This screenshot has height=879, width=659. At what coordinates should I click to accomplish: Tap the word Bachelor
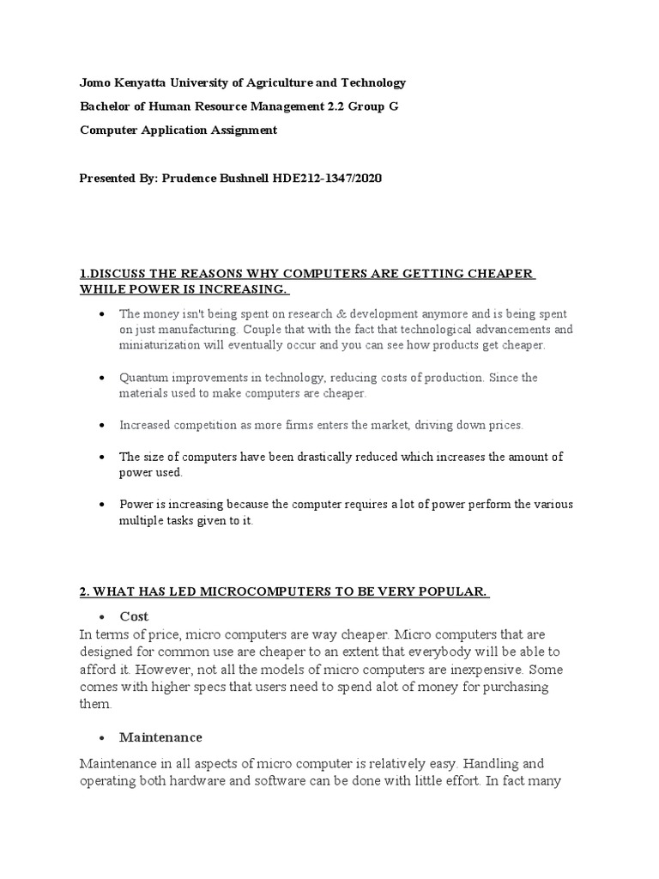pyautogui.click(x=103, y=106)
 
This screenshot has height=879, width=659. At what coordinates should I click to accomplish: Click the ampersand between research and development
pyautogui.click(x=312, y=314)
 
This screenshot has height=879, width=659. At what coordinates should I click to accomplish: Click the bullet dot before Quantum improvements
pyautogui.click(x=102, y=379)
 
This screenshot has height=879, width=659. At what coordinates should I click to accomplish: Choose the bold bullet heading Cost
pyautogui.click(x=134, y=616)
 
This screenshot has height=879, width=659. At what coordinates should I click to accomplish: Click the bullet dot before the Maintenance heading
pyautogui.click(x=102, y=738)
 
